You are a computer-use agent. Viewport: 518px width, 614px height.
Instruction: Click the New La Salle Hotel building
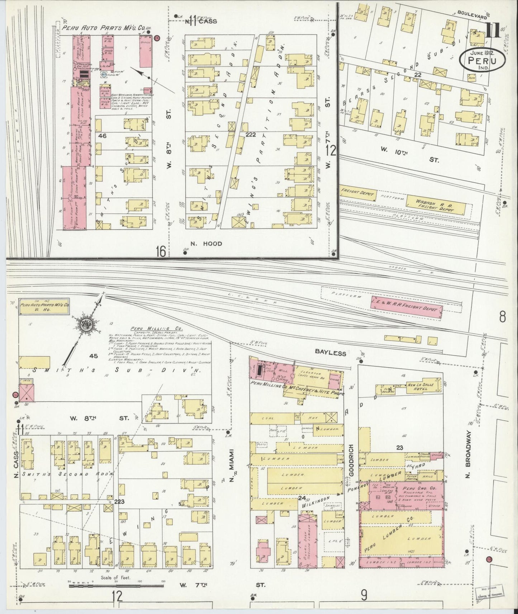[421, 387]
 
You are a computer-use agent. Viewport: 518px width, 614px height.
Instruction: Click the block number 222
[251, 134]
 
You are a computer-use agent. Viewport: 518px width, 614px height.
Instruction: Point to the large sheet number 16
[160, 251]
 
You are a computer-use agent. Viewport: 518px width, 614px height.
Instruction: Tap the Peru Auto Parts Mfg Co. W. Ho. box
[44, 307]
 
